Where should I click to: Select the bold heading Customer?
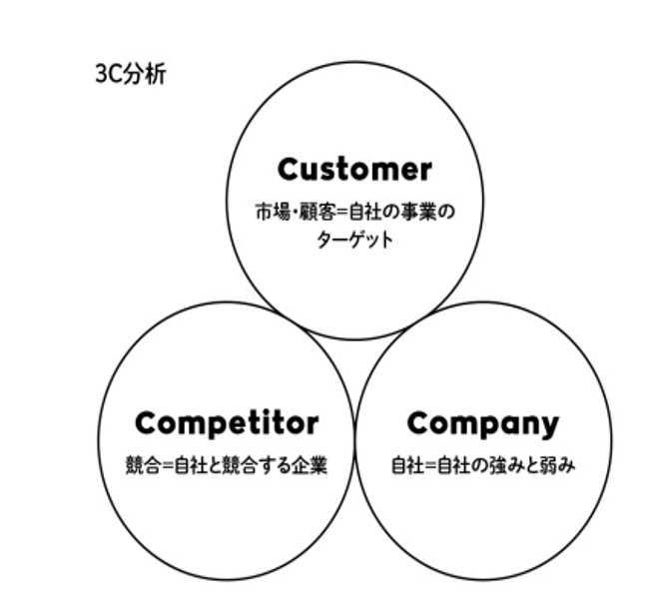point(354,169)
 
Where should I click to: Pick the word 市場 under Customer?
point(270,212)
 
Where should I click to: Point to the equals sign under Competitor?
point(167,465)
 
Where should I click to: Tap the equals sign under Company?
point(424,465)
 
